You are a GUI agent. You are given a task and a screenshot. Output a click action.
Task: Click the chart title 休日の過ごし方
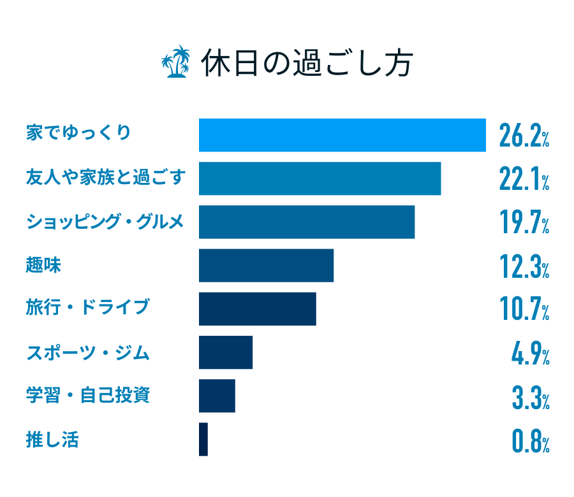(307, 63)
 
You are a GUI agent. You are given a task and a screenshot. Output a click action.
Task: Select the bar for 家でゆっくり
(342, 135)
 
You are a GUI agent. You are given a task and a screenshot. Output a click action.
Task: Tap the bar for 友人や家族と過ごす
(320, 178)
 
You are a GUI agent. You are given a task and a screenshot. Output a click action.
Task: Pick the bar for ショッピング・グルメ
(307, 222)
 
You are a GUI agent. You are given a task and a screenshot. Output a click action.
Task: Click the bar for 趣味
(266, 265)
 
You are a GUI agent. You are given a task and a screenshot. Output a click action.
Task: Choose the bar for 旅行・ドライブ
(257, 308)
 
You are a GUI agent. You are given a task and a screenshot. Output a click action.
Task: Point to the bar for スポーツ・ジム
(226, 352)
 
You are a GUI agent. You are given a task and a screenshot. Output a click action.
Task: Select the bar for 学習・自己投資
(217, 395)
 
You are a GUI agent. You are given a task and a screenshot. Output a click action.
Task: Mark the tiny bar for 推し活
(203, 439)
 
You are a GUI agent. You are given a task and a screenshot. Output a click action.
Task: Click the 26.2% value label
(524, 136)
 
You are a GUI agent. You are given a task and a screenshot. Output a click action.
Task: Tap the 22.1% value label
(524, 179)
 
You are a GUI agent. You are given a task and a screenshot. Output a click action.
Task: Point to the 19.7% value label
(524, 222)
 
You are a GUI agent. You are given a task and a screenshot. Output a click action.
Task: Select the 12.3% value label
(524, 266)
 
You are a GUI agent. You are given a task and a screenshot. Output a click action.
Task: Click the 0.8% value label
(530, 440)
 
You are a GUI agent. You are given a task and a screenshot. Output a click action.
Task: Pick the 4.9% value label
(530, 352)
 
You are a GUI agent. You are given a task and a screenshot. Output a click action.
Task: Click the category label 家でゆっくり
(78, 134)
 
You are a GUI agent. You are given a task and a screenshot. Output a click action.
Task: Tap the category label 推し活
(52, 439)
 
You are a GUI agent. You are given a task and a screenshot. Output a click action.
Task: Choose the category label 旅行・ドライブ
(87, 308)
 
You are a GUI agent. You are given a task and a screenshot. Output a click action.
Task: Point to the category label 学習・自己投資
(88, 395)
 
